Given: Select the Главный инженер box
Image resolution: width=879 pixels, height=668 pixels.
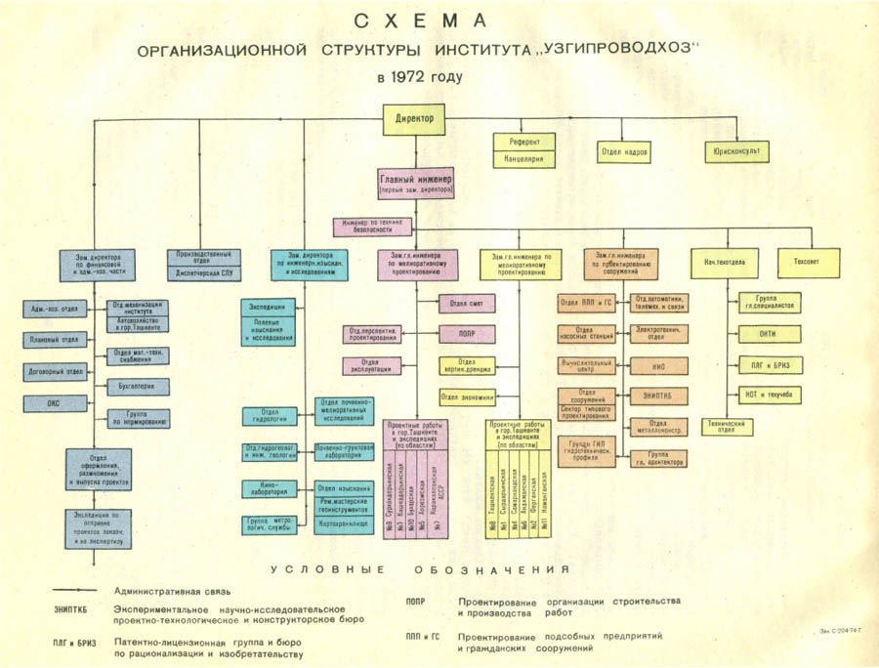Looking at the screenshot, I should (x=417, y=183).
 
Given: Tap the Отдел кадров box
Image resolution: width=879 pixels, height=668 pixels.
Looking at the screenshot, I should (x=624, y=153).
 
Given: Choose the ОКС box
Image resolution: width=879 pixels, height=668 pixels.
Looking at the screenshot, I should (x=55, y=401).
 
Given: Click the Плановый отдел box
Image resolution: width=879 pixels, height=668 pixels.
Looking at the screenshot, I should (x=55, y=340).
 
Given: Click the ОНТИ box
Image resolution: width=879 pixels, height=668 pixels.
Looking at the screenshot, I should (x=768, y=333).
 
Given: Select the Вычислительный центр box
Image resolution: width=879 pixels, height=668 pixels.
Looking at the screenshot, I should (x=586, y=365).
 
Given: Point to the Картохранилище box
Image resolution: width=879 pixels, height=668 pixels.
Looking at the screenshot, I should (x=341, y=523).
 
